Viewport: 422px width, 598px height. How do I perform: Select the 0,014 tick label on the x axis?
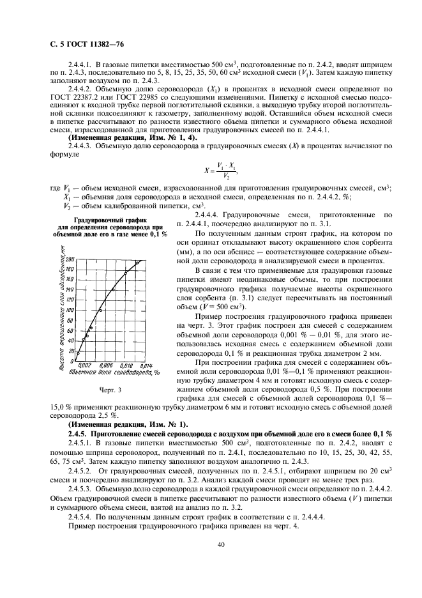point(144,365)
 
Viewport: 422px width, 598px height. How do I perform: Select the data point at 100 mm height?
point(100,310)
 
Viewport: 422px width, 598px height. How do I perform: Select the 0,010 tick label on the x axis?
point(126,365)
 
